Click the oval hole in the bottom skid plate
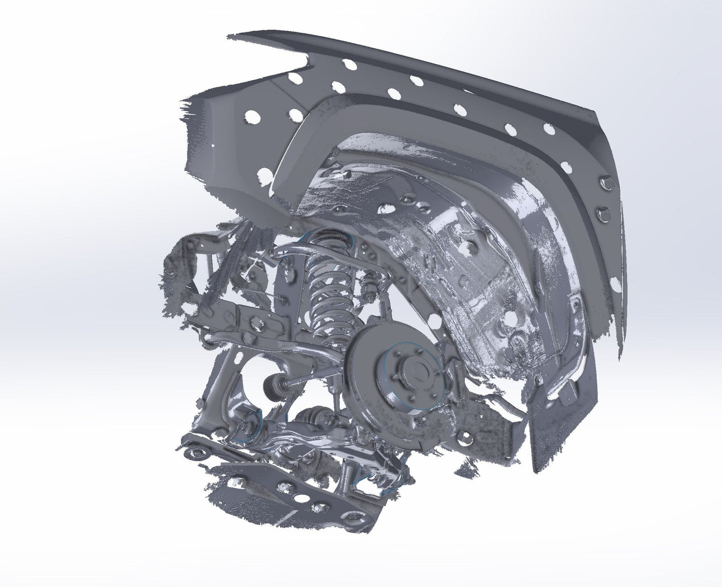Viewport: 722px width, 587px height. click(301, 499)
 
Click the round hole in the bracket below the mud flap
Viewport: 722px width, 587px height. click(465, 438)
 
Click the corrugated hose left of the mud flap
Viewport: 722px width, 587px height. click(505, 407)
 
